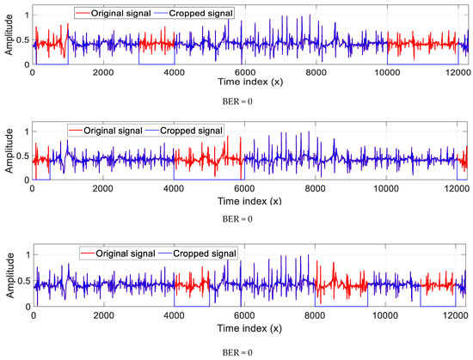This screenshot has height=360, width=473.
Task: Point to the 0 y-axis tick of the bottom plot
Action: coord(23,307)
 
